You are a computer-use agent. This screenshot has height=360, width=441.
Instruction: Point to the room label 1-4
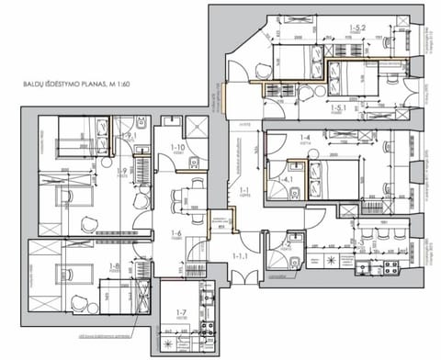click(304, 139)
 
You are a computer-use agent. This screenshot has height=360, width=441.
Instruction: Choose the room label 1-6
click(175, 233)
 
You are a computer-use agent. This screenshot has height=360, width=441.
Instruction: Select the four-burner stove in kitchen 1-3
click(389, 268)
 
